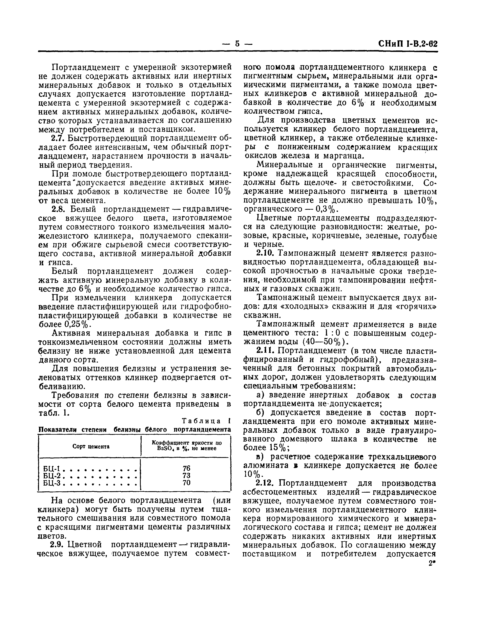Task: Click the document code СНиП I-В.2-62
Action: coord(408,44)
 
